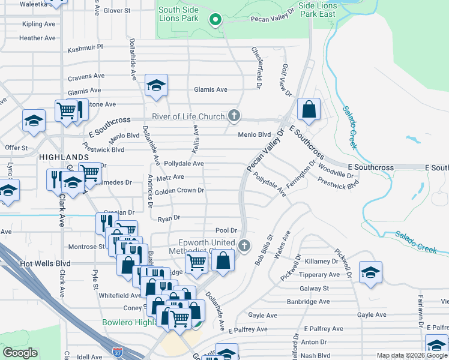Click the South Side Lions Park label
(x=178, y=14)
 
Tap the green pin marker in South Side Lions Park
(x=215, y=19)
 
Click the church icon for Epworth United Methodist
(x=244, y=245)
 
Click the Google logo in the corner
(x=20, y=353)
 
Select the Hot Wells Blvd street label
(x=46, y=263)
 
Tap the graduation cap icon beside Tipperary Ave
(x=370, y=272)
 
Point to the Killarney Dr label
(x=322, y=262)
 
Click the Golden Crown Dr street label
(x=180, y=191)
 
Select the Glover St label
(x=116, y=11)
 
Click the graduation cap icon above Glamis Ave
(x=156, y=85)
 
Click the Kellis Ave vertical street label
(x=195, y=139)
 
